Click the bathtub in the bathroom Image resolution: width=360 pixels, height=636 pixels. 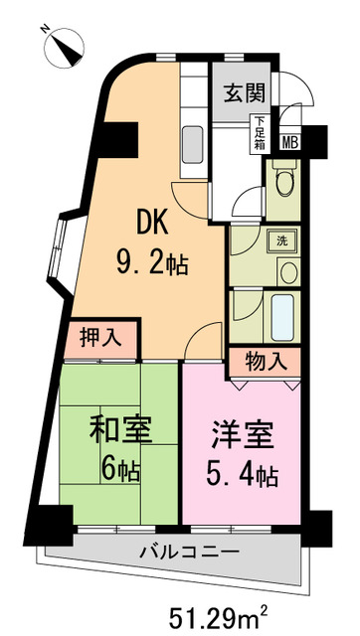click(x=281, y=317)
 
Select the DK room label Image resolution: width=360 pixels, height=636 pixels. click(x=153, y=221)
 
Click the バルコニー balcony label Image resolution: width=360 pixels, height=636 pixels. click(x=186, y=552)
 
